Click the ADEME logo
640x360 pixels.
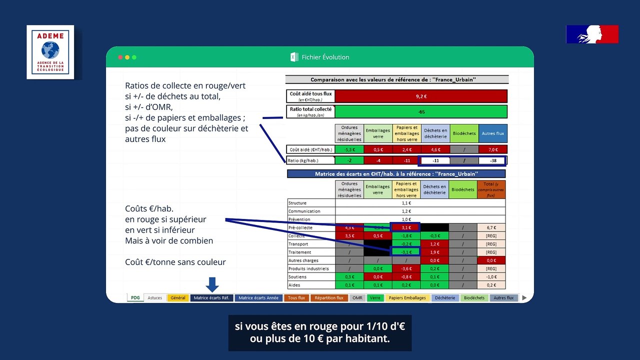[x=50, y=52]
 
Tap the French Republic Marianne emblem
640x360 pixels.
[x=592, y=34]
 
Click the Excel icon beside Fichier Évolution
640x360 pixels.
[x=294, y=57]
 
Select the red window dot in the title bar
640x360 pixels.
[x=120, y=57]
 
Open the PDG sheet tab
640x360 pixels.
[x=135, y=298]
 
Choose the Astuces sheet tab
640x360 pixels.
[x=154, y=298]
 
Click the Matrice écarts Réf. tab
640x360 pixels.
[x=211, y=298]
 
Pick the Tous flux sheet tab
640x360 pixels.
[x=296, y=298]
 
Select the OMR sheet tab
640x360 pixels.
[x=357, y=298]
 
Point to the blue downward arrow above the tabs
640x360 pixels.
[x=212, y=284]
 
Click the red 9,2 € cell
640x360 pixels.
[x=421, y=96]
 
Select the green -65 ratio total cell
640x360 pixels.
[x=421, y=111]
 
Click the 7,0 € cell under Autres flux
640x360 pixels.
[x=492, y=149]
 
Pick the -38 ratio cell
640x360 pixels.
[x=492, y=160]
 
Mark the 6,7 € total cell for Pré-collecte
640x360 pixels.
[x=491, y=227]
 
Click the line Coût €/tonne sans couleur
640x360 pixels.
[x=175, y=262]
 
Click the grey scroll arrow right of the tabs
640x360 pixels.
[x=524, y=298]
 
